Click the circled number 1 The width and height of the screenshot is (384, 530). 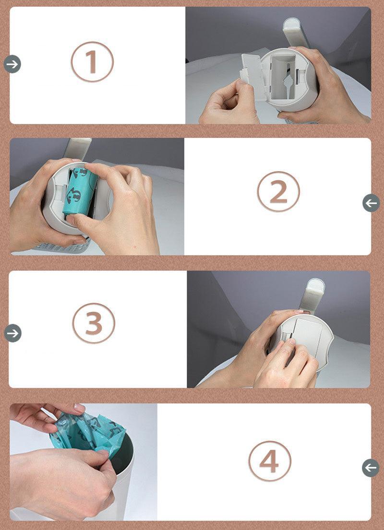92,62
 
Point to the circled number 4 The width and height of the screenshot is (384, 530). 269,461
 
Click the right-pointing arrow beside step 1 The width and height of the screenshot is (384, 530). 12,63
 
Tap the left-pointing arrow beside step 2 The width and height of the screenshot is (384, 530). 371,203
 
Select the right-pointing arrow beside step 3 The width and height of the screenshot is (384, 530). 12,333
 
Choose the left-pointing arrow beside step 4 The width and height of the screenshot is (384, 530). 371,468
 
